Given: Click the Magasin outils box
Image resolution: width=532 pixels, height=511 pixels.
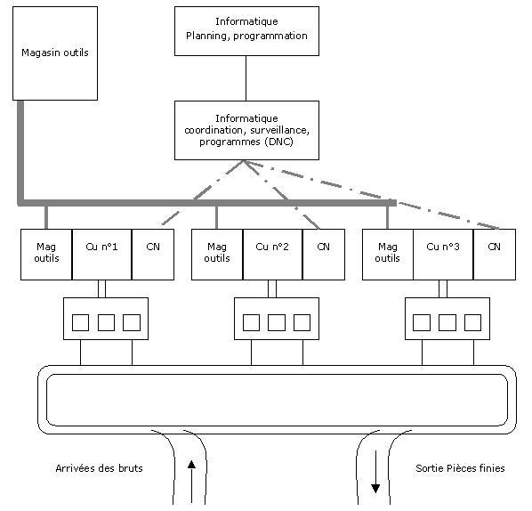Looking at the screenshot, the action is click(55, 53).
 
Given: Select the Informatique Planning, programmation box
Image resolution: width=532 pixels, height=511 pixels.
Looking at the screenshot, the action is click(246, 31).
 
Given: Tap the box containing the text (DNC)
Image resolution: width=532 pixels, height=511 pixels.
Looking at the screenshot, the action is click(246, 130).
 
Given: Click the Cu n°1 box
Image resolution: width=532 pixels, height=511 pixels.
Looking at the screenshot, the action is click(101, 255).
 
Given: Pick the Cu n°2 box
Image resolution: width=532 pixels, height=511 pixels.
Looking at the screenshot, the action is click(272, 255).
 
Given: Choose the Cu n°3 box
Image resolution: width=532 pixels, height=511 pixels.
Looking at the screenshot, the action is click(443, 255).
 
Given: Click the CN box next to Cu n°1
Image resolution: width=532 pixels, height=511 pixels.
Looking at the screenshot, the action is click(153, 255).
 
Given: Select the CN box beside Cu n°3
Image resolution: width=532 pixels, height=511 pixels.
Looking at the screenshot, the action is click(495, 255).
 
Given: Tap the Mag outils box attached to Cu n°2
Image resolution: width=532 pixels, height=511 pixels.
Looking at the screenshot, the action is click(217, 255).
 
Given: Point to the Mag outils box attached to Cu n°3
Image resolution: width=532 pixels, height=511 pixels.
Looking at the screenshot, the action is click(388, 255).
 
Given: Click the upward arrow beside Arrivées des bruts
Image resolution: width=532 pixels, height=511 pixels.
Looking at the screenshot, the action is click(191, 482).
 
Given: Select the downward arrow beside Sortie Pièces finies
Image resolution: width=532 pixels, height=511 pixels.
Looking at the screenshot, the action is click(375, 472).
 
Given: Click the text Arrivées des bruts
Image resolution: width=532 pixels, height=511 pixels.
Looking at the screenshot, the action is click(99, 468).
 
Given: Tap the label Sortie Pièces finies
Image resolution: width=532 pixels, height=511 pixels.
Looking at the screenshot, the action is click(460, 468).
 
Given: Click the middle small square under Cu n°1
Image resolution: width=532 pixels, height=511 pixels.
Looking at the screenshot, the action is click(106, 322).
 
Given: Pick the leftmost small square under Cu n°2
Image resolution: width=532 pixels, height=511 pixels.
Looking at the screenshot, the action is click(252, 322).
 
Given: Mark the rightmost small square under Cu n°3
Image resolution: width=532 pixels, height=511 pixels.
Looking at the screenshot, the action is click(472, 322).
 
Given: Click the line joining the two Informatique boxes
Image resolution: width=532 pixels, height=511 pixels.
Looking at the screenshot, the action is click(246, 78).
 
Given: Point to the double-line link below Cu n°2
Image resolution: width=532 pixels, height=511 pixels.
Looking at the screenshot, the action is click(272, 289).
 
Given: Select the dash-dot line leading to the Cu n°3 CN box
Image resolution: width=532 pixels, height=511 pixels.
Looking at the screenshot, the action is click(372, 195).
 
